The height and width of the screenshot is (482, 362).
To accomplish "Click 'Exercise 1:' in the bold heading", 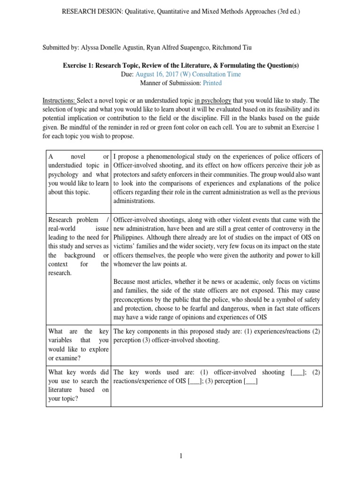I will (79, 65).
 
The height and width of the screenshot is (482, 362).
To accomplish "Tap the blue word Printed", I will (212, 83).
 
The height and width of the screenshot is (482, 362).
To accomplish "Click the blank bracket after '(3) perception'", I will (250, 381).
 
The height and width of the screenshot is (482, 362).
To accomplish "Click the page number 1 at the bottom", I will (181, 456).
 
